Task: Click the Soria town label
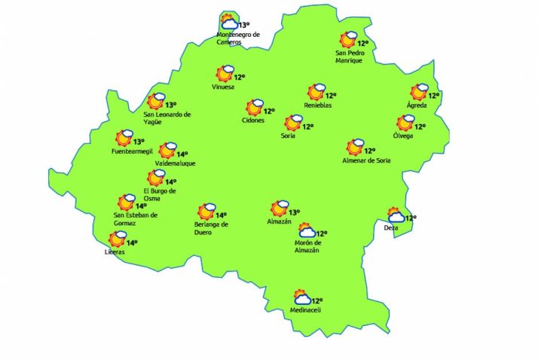click(287, 136)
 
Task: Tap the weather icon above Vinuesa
click(225, 74)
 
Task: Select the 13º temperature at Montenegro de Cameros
click(243, 25)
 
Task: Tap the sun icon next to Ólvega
click(405, 124)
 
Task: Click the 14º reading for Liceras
click(132, 243)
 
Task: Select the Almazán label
click(279, 221)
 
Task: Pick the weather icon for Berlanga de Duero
click(206, 212)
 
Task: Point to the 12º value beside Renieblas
click(330, 96)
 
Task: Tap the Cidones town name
click(253, 121)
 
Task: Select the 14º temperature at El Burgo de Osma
click(171, 182)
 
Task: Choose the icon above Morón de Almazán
click(307, 231)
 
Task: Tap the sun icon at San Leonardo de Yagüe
click(156, 102)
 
